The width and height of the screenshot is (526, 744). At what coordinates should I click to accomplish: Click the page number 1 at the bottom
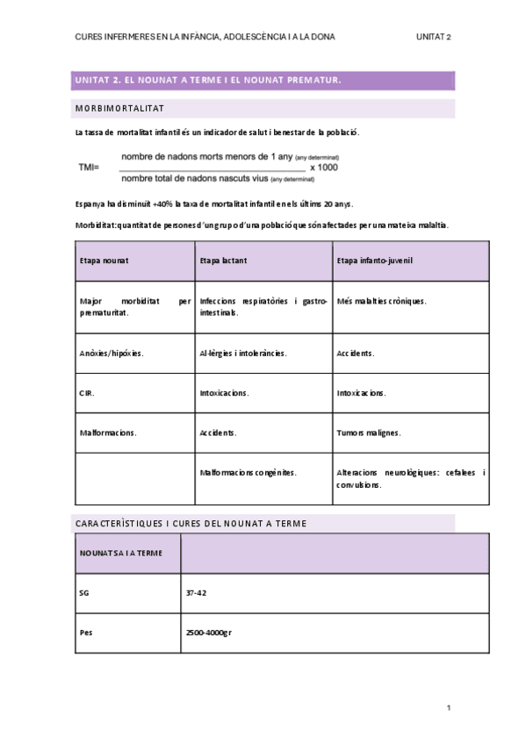[448, 708]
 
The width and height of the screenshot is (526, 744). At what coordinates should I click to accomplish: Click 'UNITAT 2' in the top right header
[434, 37]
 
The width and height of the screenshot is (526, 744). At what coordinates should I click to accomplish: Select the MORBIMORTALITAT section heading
[119, 109]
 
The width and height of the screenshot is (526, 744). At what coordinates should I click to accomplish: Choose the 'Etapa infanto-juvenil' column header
[374, 261]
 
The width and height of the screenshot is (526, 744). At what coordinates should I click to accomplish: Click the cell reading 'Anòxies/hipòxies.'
[112, 354]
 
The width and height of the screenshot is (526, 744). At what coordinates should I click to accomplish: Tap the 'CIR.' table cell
[87, 393]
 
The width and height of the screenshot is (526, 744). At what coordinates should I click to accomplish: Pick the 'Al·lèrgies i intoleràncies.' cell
[243, 354]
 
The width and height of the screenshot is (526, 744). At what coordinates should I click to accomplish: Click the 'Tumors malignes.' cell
[369, 433]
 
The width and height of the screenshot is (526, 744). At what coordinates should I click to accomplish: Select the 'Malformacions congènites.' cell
[248, 472]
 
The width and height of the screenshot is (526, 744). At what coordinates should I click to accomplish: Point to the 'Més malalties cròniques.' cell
[381, 301]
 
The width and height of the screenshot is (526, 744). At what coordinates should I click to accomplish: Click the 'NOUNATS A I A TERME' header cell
[120, 554]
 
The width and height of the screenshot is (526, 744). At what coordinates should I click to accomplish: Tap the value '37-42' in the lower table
[196, 593]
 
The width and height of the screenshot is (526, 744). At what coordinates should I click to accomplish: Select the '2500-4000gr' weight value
[208, 633]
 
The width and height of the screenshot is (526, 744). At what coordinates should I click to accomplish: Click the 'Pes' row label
[86, 633]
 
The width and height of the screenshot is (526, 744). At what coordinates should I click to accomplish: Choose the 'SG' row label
[84, 593]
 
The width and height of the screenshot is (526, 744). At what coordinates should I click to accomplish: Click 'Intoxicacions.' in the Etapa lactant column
[224, 393]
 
